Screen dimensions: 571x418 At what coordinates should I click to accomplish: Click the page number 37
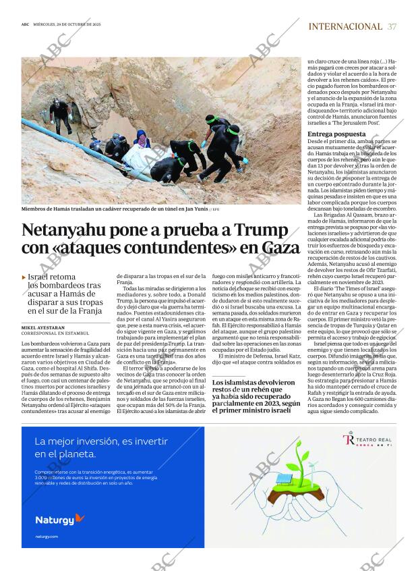[x=392, y=26]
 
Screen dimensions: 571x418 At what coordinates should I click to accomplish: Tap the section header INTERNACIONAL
[x=345, y=26]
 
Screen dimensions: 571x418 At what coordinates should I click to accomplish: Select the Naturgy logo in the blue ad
[x=60, y=519]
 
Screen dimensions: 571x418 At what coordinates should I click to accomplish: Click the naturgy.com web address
[x=47, y=537]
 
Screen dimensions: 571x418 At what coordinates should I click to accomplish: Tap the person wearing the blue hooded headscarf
[x=141, y=140]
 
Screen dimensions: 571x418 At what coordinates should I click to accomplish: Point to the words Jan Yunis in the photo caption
[x=189, y=209]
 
